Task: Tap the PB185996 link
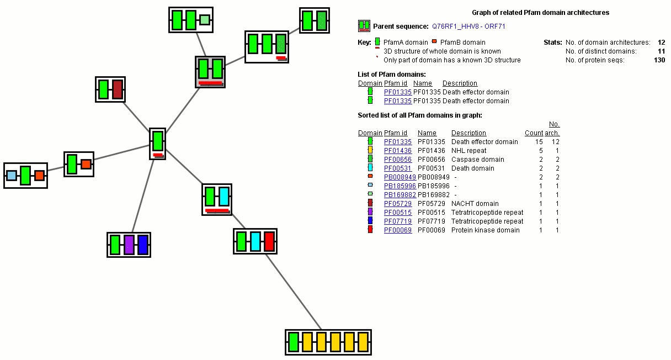coord(400,186)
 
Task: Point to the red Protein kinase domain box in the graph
coord(269,242)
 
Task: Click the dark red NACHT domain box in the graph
coord(117,89)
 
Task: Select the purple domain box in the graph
coord(129,245)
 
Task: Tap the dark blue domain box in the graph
coord(143,245)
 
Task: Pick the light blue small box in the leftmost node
coord(11,176)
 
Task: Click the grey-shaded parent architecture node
coord(210,71)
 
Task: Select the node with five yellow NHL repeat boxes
coord(328,342)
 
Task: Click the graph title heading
coord(540,12)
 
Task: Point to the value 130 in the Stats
coord(659,60)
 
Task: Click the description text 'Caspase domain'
coord(470,160)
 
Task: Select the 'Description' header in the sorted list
coord(468,133)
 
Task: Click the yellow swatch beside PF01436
coord(370,151)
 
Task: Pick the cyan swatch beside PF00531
coord(370,168)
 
